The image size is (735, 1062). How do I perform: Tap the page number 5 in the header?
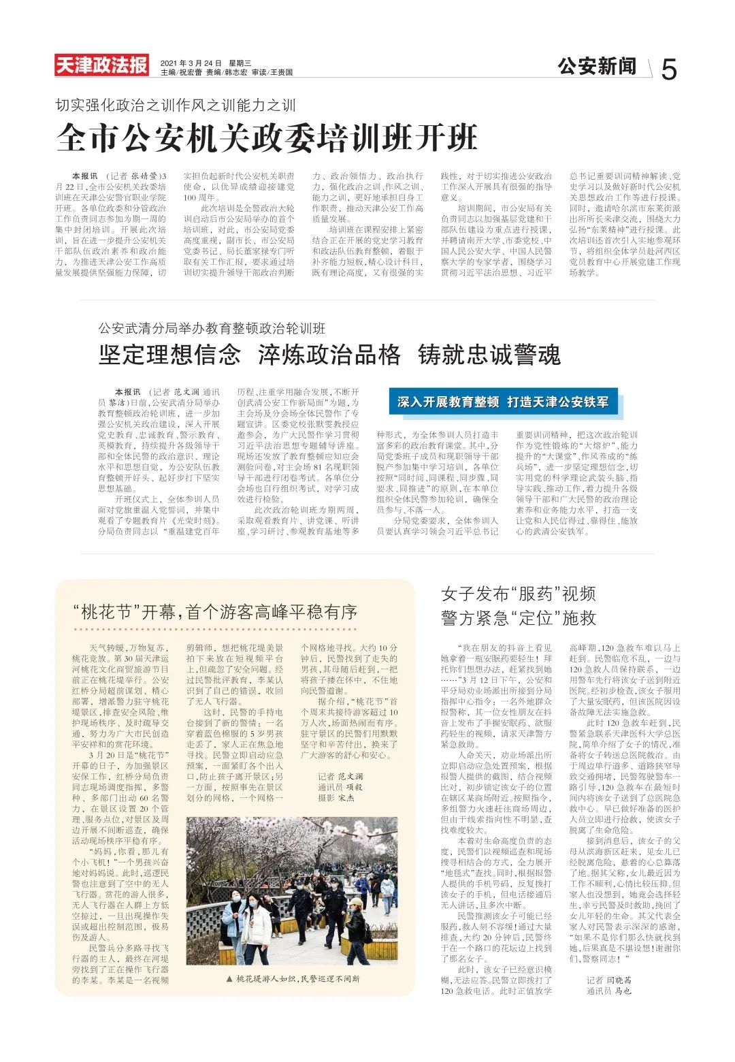pos(669,69)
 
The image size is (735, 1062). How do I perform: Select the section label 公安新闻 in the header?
pos(597,66)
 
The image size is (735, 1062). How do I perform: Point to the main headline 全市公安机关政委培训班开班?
pos(267,138)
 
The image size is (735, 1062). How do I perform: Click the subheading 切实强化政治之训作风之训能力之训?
pos(176,106)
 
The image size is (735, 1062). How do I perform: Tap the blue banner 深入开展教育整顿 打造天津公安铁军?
pos(503,402)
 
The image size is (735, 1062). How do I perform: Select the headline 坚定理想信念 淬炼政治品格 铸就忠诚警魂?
pos(329,355)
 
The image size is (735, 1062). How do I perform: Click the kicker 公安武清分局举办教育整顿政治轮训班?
pos(212,329)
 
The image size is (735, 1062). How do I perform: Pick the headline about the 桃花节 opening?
pos(215,611)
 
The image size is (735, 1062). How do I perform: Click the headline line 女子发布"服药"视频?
pos(518,594)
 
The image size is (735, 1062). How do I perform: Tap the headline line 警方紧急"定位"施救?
pos(518,617)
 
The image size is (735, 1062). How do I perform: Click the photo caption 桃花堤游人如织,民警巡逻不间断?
pos(298,978)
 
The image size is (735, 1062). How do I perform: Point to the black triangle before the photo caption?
pos(229,978)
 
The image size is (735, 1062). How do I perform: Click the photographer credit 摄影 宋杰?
pos(336,797)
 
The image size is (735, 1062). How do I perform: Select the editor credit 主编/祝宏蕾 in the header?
pos(181,72)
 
